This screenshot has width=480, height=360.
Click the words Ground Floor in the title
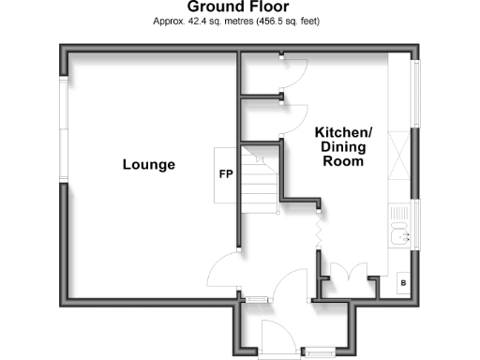(239, 7)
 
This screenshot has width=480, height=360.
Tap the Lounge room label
(148, 165)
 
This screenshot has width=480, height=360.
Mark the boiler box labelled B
(403, 282)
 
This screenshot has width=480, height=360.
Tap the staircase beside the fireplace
(259, 178)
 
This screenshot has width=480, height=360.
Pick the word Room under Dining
(343, 161)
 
